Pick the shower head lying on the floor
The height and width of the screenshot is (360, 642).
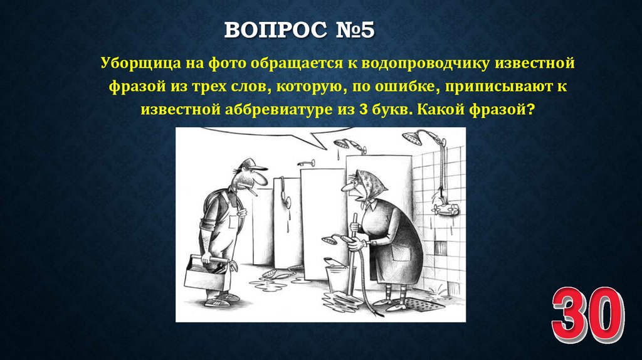[276, 273]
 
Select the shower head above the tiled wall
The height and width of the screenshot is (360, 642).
[414, 137]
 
